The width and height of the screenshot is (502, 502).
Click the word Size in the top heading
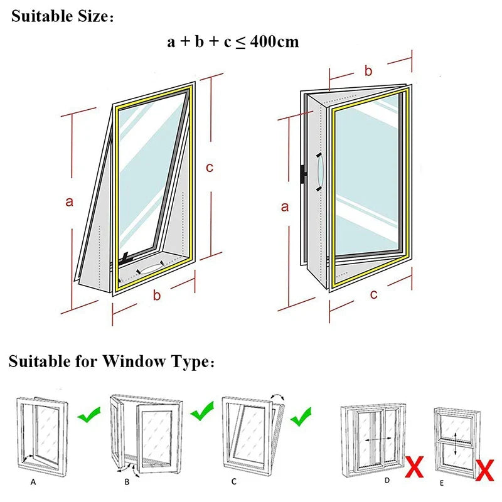coord(88,17)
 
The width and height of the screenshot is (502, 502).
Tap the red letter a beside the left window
coord(70,201)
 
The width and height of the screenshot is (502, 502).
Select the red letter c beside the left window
coord(210,168)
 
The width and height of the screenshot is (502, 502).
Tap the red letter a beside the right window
coord(284,206)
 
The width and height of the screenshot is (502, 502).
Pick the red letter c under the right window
coord(373,294)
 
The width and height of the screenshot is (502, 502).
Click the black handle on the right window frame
coord(304,175)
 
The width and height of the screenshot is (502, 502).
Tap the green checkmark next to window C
coord(301,414)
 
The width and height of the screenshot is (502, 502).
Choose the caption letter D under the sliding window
coord(387,480)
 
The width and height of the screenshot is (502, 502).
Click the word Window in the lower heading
coord(132,362)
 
